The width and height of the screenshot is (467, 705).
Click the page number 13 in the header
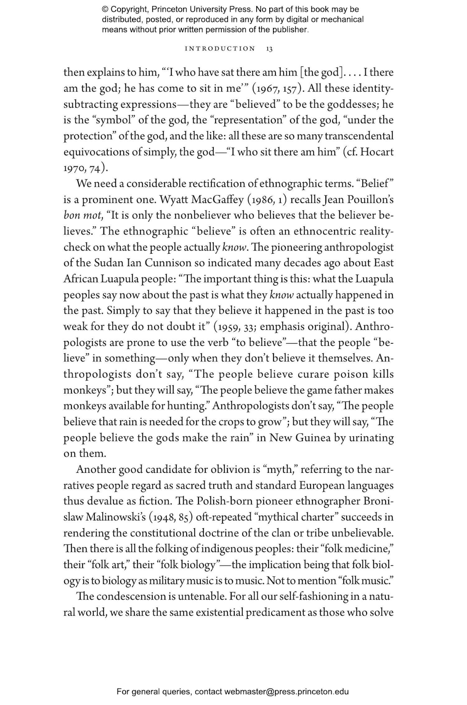[x=270, y=49]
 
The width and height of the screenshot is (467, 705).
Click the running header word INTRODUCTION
[x=220, y=49]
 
